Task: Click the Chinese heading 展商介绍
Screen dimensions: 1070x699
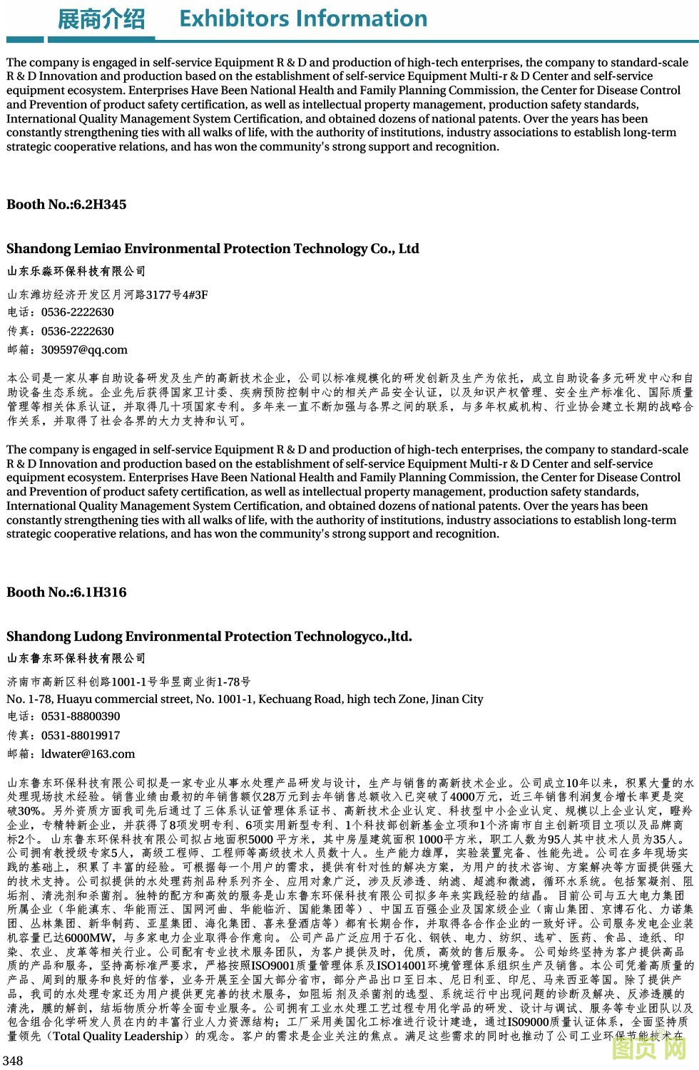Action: pyautogui.click(x=101, y=19)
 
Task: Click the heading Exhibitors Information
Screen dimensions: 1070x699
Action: pyautogui.click(x=303, y=18)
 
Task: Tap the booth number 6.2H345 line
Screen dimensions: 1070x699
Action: pyautogui.click(x=66, y=205)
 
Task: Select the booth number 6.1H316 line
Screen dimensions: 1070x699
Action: pyautogui.click(x=66, y=592)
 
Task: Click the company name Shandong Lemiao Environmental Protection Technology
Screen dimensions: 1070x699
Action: pyautogui.click(x=213, y=249)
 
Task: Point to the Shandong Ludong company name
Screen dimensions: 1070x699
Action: pyautogui.click(x=209, y=636)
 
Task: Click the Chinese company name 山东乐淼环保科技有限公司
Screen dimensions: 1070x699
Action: pyautogui.click(x=76, y=271)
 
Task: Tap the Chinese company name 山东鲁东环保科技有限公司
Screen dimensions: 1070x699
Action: pyautogui.click(x=76, y=658)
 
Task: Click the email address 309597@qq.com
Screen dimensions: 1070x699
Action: pyautogui.click(x=84, y=350)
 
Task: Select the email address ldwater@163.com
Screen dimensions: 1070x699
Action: pyautogui.click(x=88, y=753)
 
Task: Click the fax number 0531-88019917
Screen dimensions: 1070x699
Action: pyautogui.click(x=81, y=735)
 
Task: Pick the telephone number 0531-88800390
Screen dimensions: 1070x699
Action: pyautogui.click(x=81, y=716)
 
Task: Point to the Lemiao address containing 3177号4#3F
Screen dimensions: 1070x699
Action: pyautogui.click(x=108, y=294)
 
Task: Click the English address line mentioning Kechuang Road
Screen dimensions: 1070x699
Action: pyautogui.click(x=245, y=699)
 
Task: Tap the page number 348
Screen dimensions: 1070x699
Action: pyautogui.click(x=13, y=1060)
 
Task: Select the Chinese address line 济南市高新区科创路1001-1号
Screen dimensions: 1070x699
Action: pyautogui.click(x=129, y=681)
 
